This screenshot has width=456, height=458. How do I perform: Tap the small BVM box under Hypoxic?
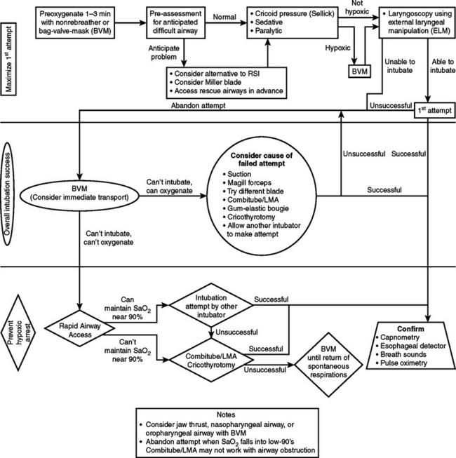358,72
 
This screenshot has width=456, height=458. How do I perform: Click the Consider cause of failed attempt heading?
262,159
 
